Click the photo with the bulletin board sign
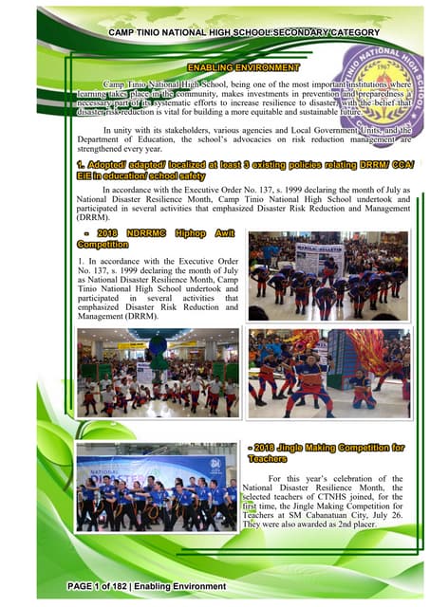pyautogui.click(x=327, y=274)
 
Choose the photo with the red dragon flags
pyautogui.click(x=327, y=373)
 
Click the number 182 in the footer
pyautogui.click(x=129, y=588)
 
